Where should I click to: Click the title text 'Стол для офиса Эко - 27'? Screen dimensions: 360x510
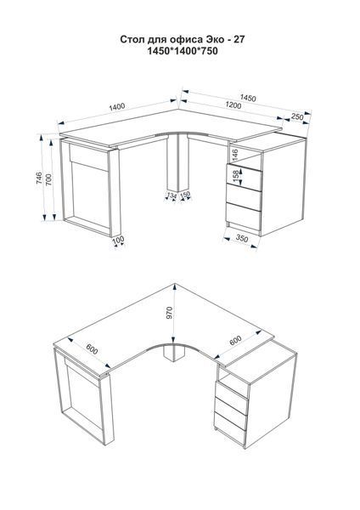(x=183, y=40)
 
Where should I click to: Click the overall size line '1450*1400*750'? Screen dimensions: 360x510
(x=183, y=51)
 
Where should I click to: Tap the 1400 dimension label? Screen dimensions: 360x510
(x=117, y=107)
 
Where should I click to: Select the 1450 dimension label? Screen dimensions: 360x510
(x=248, y=98)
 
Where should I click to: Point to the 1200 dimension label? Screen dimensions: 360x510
(x=233, y=105)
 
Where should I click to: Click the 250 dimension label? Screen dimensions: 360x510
(x=297, y=116)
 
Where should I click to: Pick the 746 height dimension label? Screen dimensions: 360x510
(x=39, y=178)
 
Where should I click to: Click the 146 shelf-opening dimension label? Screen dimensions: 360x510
(x=235, y=156)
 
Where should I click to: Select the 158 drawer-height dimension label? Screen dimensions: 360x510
(x=236, y=174)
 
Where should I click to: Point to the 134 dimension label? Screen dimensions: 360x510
(x=172, y=195)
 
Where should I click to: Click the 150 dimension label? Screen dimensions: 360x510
(x=185, y=195)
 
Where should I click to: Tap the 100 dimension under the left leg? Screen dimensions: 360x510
(x=118, y=240)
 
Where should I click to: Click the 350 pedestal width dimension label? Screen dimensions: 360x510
(x=242, y=238)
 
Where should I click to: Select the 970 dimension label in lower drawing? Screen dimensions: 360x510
(x=169, y=313)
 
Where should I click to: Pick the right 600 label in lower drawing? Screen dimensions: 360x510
(x=235, y=341)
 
